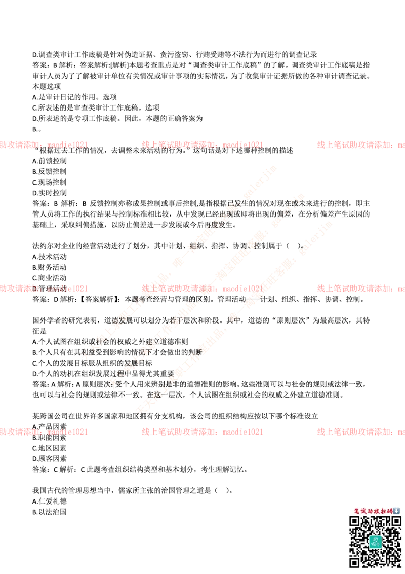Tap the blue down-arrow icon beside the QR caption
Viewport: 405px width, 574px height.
pos(396,511)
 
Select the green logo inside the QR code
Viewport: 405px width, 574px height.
pos(375,541)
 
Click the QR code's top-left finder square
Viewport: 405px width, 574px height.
pos(355,521)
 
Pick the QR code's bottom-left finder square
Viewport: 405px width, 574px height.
pos(355,561)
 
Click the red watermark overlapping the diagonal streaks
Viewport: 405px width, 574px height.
pos(202,288)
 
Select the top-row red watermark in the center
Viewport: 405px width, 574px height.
pos(202,145)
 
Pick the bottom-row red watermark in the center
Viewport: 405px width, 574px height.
pos(202,432)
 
